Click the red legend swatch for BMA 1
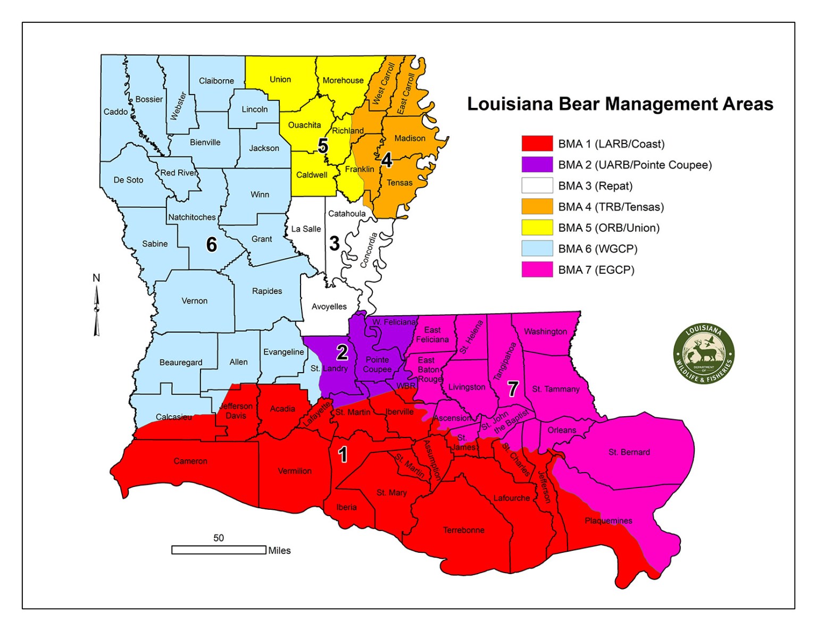tap(537, 144)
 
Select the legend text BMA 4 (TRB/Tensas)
tap(611, 207)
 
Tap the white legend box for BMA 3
tap(537, 186)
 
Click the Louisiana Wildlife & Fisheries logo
tap(704, 354)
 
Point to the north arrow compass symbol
tap(96, 311)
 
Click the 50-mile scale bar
tap(219, 550)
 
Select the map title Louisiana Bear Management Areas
tap(620, 104)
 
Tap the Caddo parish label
tap(115, 112)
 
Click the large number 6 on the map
tap(212, 245)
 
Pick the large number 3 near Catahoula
tap(334, 243)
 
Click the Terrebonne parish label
tap(463, 530)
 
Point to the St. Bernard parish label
tap(629, 452)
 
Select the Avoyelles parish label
tap(329, 306)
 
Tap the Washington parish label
tap(545, 331)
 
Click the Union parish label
tap(280, 79)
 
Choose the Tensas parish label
tap(399, 182)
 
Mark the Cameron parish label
tap(190, 461)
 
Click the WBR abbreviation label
tap(406, 386)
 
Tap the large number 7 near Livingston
tap(512, 389)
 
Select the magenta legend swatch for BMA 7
tap(537, 270)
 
